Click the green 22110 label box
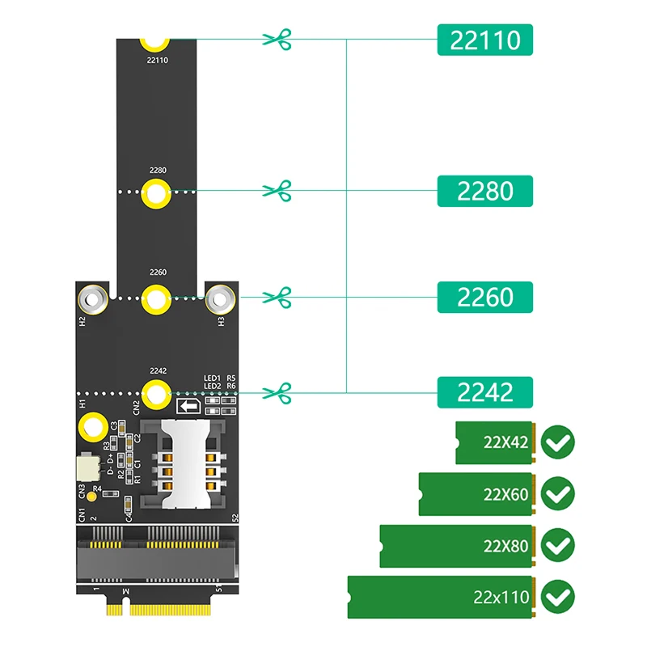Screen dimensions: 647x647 point(485,39)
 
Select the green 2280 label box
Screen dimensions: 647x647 point(485,191)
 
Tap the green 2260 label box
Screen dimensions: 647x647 point(485,297)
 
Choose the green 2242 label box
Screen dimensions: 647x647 point(485,392)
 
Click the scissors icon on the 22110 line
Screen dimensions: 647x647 point(277,39)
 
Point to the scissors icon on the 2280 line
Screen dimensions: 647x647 point(277,191)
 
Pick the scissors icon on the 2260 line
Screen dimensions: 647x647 point(277,297)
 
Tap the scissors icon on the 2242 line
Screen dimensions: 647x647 point(277,393)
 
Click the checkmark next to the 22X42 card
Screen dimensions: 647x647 point(558,442)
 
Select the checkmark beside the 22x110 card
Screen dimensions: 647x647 point(558,598)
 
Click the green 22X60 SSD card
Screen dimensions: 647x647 point(476,493)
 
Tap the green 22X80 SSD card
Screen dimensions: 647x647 point(457,546)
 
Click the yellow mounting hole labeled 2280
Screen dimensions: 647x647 point(156,193)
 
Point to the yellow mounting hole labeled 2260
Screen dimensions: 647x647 point(156,299)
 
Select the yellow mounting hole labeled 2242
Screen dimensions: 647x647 point(156,394)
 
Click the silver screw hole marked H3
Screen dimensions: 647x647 point(219,299)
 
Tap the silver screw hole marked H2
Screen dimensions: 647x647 point(93,299)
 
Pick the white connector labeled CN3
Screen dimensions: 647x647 point(84,467)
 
